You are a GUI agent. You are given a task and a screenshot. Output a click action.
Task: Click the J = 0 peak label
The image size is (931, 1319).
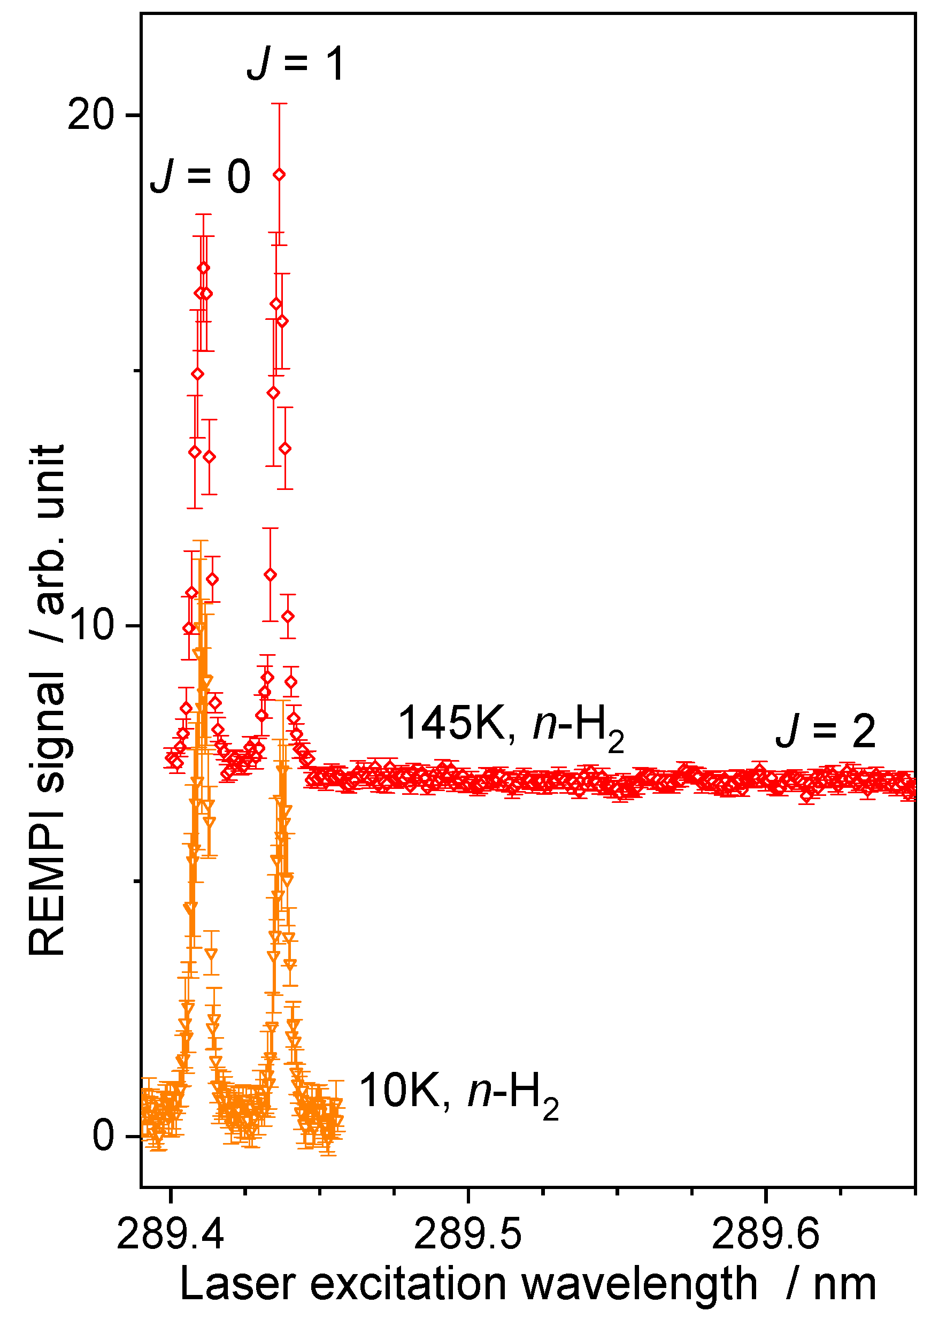tap(200, 176)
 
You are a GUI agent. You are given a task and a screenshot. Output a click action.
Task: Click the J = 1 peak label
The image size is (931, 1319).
tap(296, 63)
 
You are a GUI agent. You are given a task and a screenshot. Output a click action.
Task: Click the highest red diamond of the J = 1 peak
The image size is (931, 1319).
tap(279, 175)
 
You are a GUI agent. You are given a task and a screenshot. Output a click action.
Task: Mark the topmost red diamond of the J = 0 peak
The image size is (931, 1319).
tap(203, 268)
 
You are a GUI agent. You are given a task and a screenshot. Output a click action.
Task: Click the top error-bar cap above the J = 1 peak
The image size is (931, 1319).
tap(279, 104)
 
